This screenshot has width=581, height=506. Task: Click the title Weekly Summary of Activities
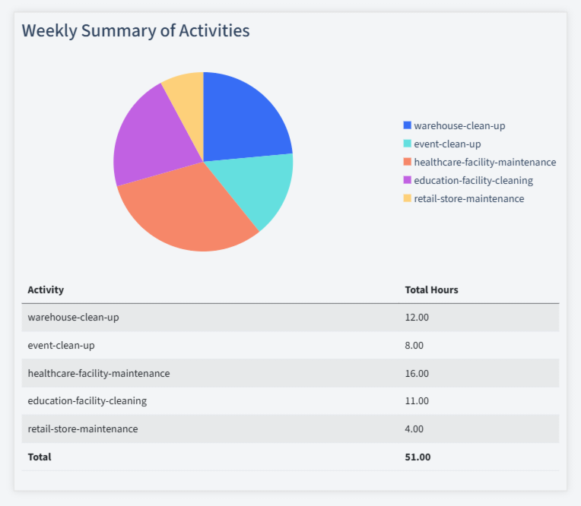pyautogui.click(x=135, y=31)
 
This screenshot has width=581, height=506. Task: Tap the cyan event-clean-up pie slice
pyautogui.click(x=263, y=186)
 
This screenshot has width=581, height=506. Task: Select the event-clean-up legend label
pyautogui.click(x=447, y=144)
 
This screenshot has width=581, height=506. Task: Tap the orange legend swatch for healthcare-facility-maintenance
pyautogui.click(x=407, y=162)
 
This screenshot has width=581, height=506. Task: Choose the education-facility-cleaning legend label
pyautogui.click(x=473, y=180)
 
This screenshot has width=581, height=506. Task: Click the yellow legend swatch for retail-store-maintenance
pyautogui.click(x=407, y=198)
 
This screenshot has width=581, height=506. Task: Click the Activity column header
pyautogui.click(x=46, y=289)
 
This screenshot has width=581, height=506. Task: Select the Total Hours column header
pyautogui.click(x=431, y=289)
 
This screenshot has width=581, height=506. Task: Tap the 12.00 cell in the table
pyautogui.click(x=417, y=317)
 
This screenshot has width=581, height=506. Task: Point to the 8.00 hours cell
pyautogui.click(x=414, y=345)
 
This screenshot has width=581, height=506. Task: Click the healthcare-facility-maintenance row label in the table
pyautogui.click(x=99, y=373)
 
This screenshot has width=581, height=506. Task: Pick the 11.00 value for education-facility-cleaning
pyautogui.click(x=417, y=400)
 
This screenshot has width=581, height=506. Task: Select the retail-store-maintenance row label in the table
pyautogui.click(x=83, y=429)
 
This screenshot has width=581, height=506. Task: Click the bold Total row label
pyautogui.click(x=40, y=457)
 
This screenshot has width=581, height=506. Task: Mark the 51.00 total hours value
pyautogui.click(x=417, y=457)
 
